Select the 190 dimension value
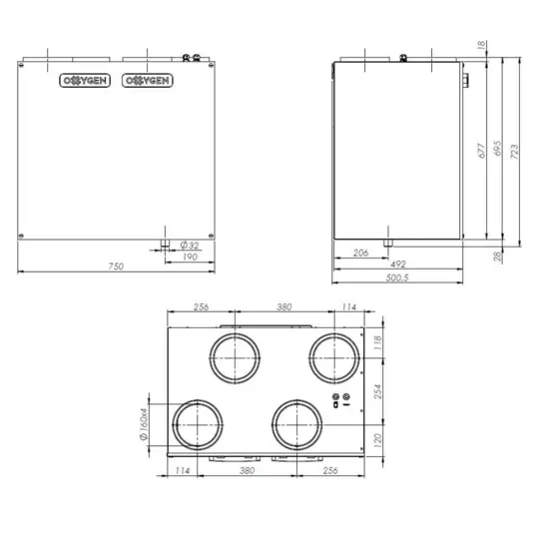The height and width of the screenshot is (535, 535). click(x=189, y=257)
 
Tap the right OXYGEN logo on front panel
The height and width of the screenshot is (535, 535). click(x=145, y=80)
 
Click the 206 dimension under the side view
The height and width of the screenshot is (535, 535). click(x=360, y=254)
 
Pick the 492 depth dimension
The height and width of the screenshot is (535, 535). click(x=397, y=265)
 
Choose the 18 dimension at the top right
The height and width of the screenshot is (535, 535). click(x=482, y=45)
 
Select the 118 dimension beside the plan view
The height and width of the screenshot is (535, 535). click(x=378, y=342)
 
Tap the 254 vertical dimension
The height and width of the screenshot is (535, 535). click(x=378, y=392)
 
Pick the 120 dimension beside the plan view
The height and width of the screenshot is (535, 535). click(x=378, y=439)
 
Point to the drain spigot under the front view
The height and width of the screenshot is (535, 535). click(x=162, y=243)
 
